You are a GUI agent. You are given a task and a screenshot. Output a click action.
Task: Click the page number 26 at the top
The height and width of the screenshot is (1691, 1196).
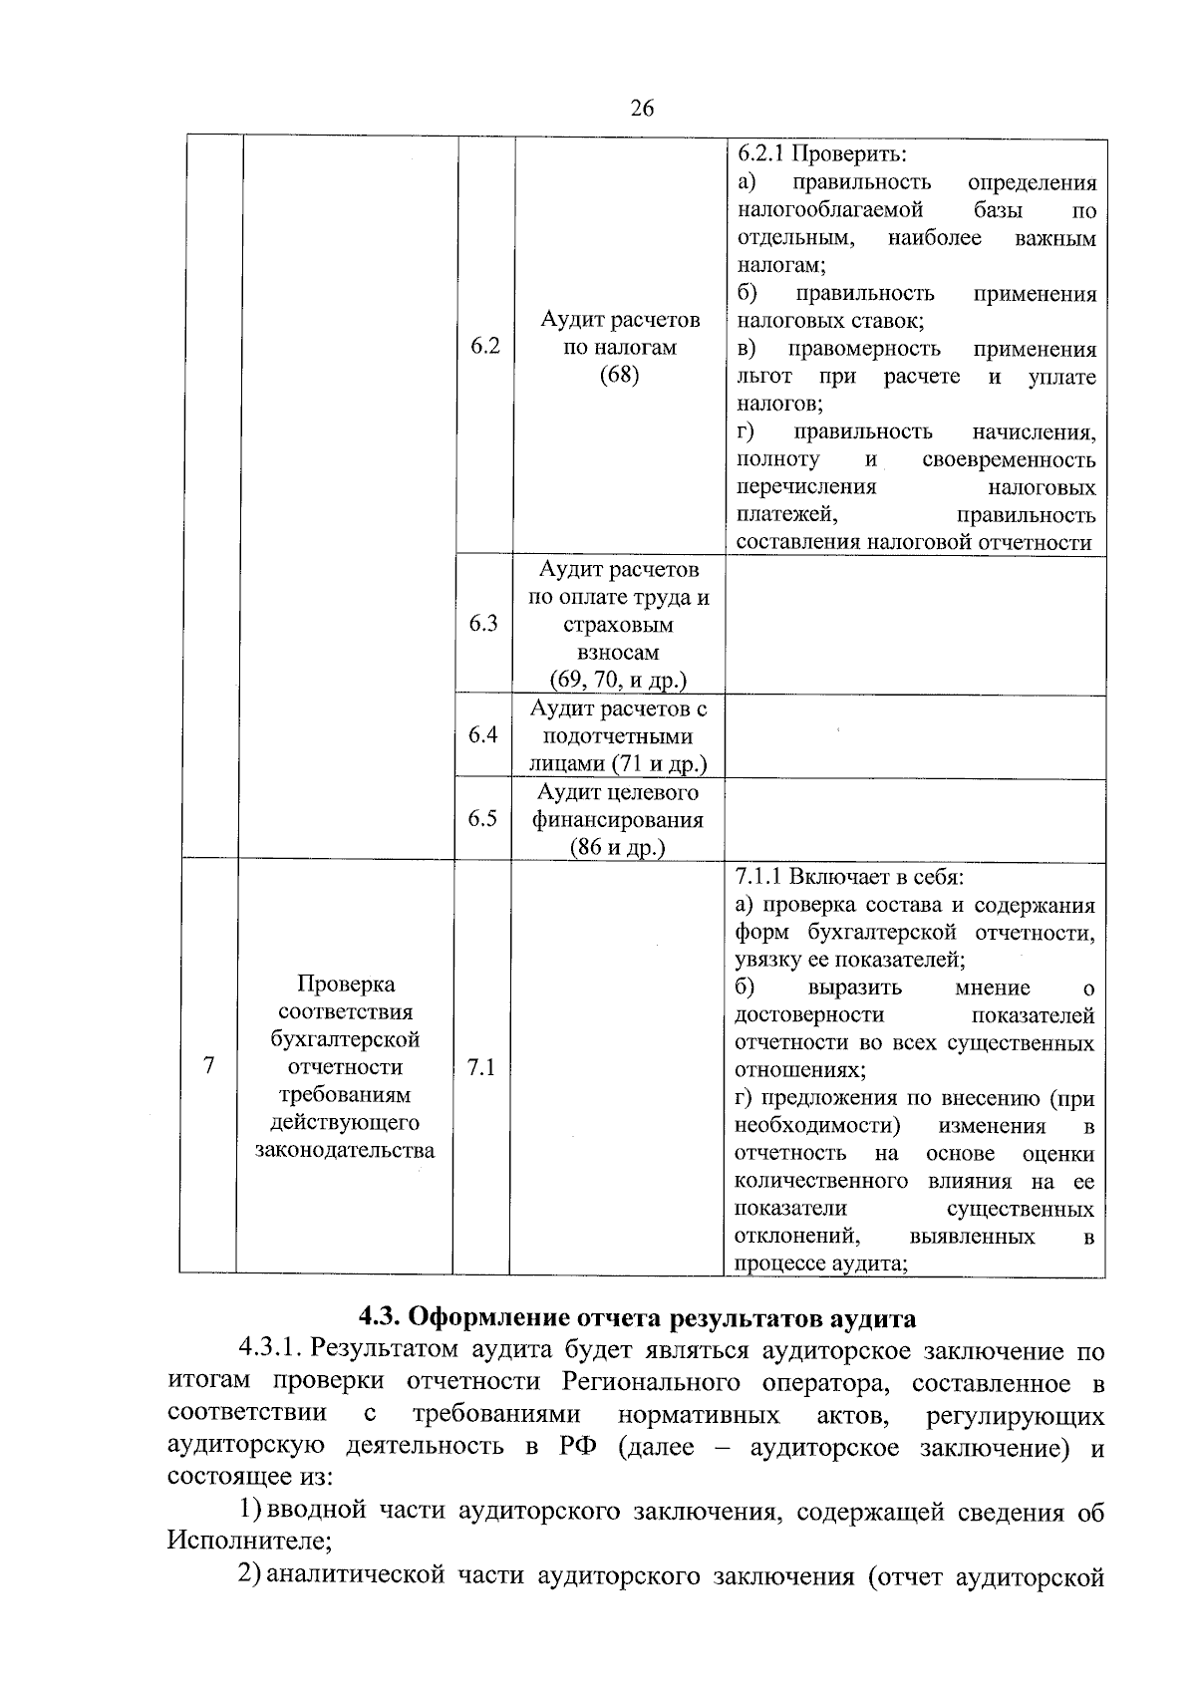[642, 109]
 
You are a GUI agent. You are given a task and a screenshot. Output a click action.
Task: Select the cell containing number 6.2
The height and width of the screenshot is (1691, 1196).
[484, 347]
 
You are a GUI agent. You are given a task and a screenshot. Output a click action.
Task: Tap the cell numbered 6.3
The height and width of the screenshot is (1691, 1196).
[483, 624]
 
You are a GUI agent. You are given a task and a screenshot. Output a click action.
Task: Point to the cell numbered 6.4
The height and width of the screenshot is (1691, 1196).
[483, 735]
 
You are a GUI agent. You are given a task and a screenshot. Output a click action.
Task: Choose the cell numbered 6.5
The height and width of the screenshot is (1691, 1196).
[483, 818]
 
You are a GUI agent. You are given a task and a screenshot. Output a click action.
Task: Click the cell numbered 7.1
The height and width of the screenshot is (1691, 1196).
[481, 1067]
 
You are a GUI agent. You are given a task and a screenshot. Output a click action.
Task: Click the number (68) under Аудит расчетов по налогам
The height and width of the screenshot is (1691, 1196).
[619, 375]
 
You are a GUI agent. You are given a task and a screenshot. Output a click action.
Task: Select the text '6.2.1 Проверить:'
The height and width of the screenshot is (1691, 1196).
[821, 154]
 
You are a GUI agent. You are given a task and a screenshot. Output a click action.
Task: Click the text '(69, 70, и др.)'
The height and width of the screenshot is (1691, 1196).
[618, 681]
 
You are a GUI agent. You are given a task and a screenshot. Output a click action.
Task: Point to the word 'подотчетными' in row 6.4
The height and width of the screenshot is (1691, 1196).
[618, 736]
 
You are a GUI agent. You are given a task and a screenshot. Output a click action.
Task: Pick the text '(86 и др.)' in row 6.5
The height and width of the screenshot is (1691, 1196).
[618, 847]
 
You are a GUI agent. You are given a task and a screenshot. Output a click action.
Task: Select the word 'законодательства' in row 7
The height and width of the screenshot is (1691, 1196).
[346, 1151]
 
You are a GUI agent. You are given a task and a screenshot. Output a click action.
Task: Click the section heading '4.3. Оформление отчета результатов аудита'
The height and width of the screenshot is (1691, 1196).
[637, 1318]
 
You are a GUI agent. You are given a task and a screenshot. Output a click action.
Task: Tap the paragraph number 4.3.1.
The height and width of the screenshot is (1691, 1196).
[270, 1351]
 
